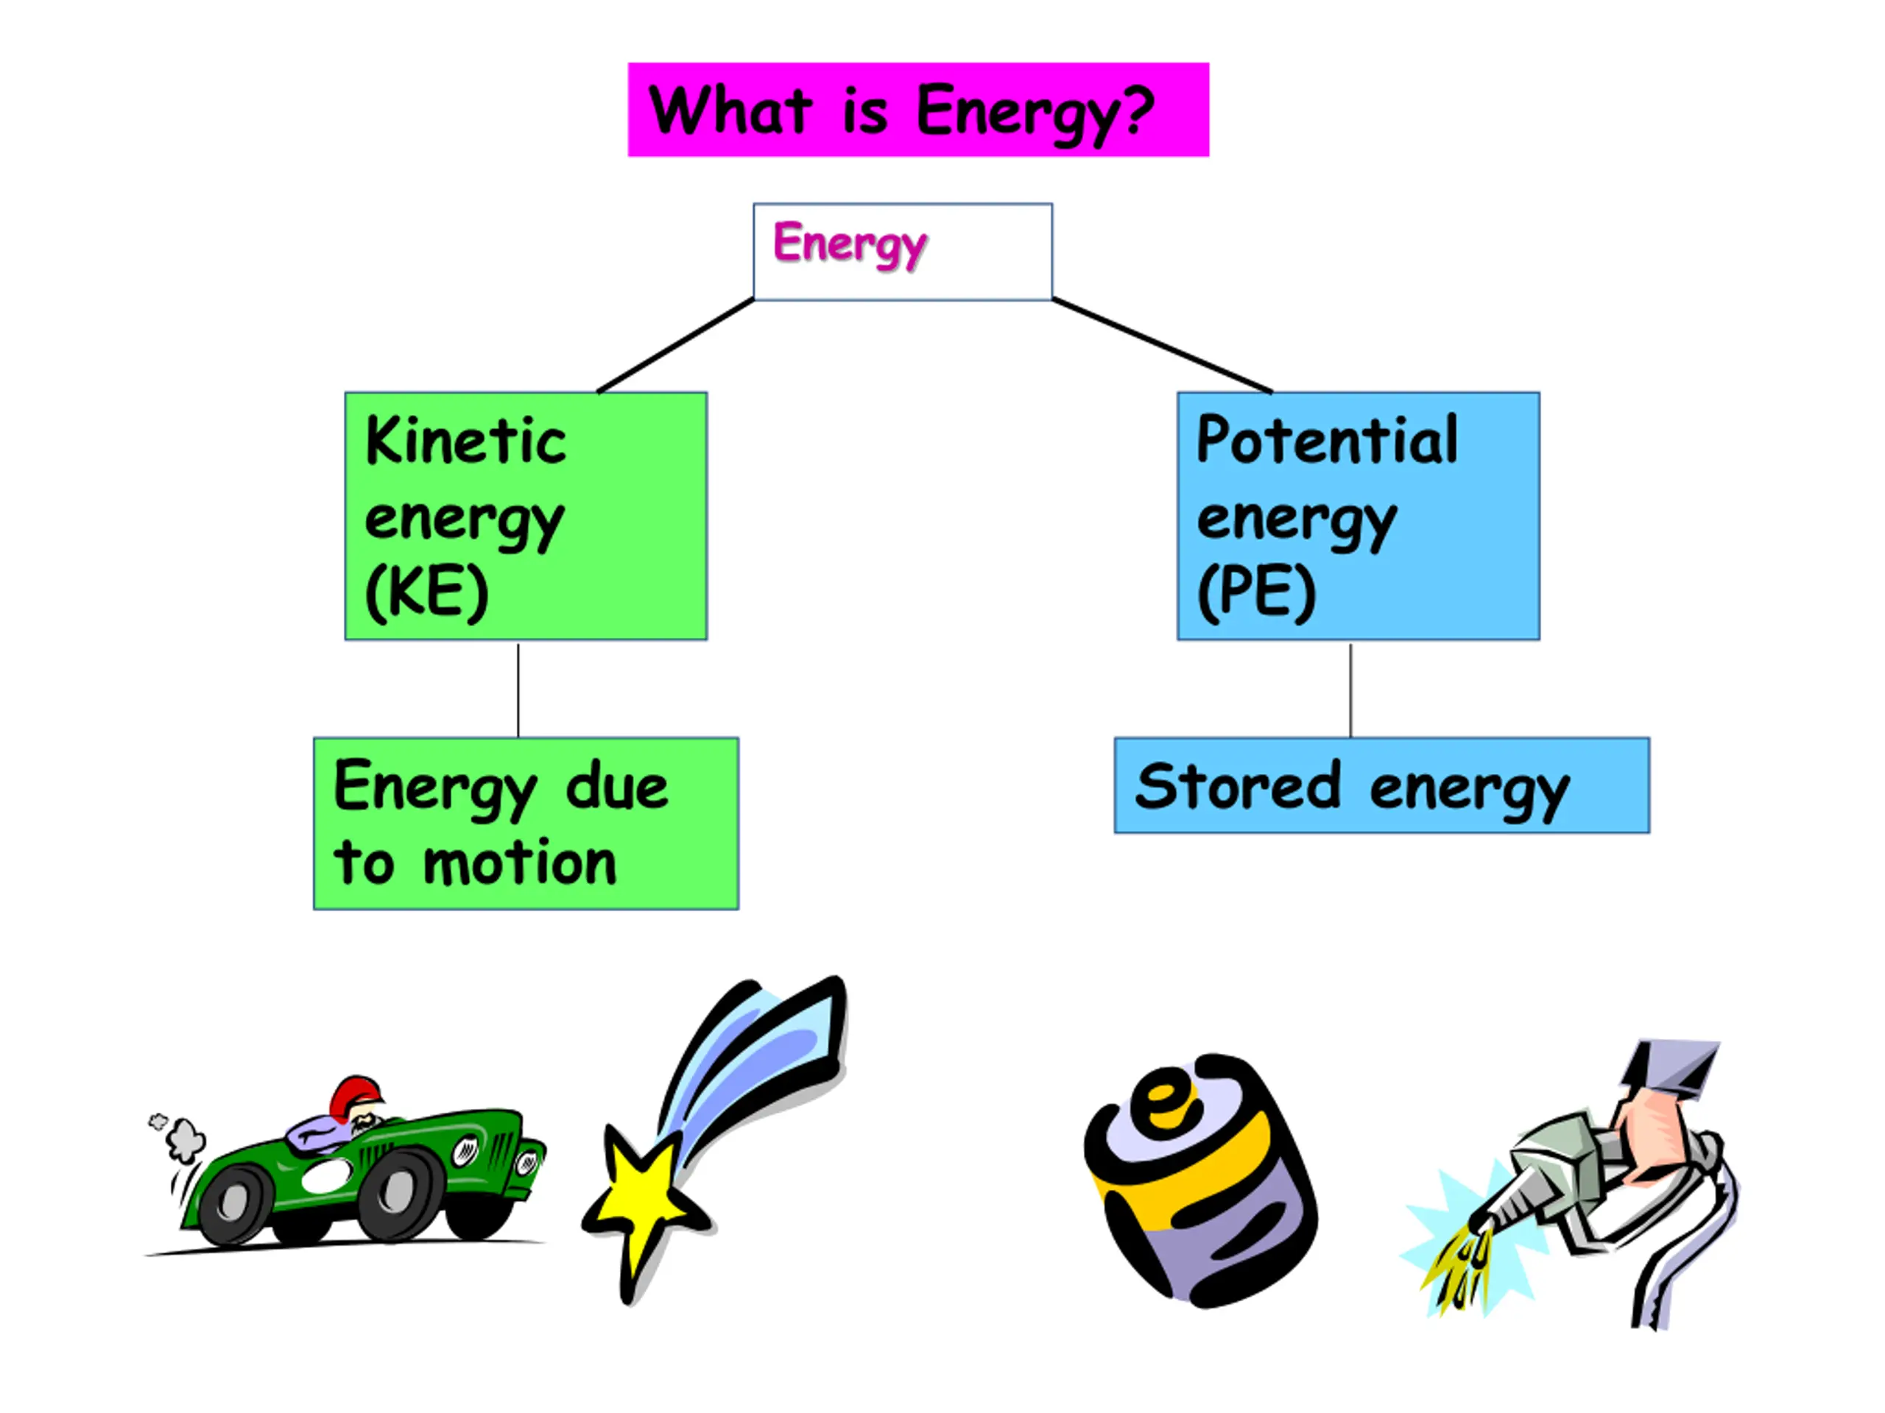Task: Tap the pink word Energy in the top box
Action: (x=849, y=244)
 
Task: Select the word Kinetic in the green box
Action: (x=465, y=441)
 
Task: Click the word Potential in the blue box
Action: (x=1327, y=440)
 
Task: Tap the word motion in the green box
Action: (x=519, y=865)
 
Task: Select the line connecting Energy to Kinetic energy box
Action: (x=675, y=346)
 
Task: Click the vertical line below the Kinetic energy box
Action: (x=518, y=690)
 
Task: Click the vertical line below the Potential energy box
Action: (x=1350, y=690)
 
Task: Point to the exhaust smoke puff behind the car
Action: (x=184, y=1138)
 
